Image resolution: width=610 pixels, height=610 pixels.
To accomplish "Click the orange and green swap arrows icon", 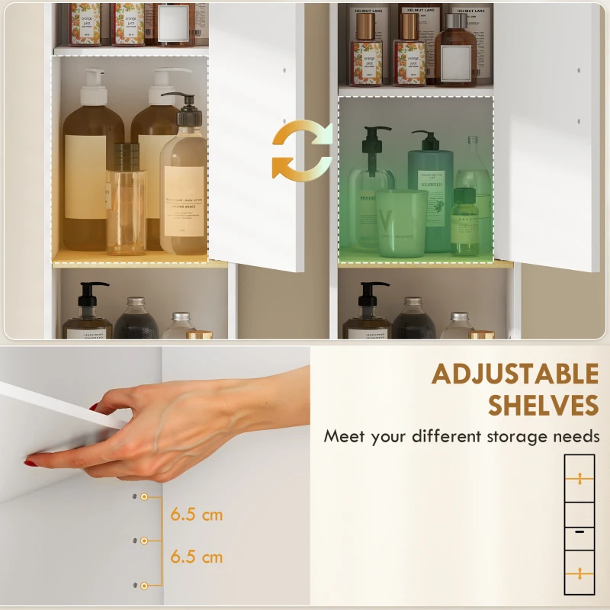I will (x=303, y=151).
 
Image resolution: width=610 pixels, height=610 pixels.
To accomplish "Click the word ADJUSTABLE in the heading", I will (x=515, y=374).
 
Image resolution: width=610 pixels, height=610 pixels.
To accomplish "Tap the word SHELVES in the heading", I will (x=543, y=405).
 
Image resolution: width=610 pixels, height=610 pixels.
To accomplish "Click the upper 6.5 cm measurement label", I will (x=197, y=515).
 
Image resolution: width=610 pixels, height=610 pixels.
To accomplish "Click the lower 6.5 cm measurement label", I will (x=197, y=557).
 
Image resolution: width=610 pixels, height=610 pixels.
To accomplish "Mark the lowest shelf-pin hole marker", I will (x=143, y=585).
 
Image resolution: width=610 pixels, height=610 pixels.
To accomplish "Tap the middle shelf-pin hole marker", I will (x=143, y=541).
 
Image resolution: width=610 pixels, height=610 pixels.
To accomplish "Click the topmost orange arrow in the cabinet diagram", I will (x=579, y=479).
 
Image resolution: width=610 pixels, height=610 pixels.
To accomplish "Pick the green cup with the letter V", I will (x=402, y=223).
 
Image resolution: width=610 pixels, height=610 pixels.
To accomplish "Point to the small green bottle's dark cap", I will (x=464, y=196).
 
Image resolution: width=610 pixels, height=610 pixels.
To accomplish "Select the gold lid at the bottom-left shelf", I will (x=200, y=334).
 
